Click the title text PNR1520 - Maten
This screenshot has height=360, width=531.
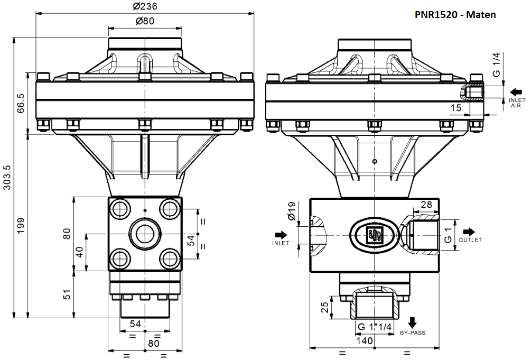pyautogui.click(x=455, y=15)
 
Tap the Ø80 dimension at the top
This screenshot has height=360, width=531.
pyautogui.click(x=144, y=21)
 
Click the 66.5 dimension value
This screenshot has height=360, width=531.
pyautogui.click(x=21, y=104)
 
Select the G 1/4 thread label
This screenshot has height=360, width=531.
pyautogui.click(x=497, y=64)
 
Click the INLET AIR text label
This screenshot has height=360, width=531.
pyautogui.click(x=516, y=103)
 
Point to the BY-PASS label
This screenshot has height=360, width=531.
pyautogui.click(x=413, y=333)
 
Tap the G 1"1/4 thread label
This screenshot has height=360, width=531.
pyautogui.click(x=374, y=328)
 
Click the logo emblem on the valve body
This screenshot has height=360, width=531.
pyautogui.click(x=375, y=234)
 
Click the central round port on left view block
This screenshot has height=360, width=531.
pyautogui.click(x=144, y=233)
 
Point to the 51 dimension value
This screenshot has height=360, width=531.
pyautogui.click(x=67, y=294)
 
